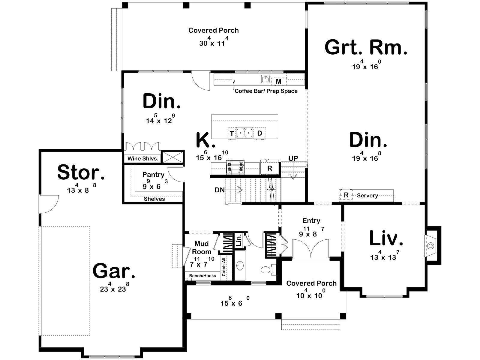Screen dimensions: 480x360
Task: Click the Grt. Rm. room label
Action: (x=366, y=47)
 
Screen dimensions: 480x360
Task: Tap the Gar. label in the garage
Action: (x=114, y=271)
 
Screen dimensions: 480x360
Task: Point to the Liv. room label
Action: (x=386, y=238)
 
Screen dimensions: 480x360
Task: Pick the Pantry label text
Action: (x=153, y=174)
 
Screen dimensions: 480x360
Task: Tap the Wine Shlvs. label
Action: (x=143, y=158)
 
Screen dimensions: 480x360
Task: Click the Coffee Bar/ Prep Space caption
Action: (x=266, y=91)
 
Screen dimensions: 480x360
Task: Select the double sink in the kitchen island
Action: (x=244, y=133)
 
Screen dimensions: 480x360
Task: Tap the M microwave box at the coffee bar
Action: (x=279, y=81)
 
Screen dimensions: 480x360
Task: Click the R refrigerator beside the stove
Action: (x=270, y=168)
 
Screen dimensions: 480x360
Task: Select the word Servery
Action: (x=367, y=195)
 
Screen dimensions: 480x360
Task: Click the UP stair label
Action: (x=293, y=158)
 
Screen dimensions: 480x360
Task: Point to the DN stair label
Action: (x=220, y=190)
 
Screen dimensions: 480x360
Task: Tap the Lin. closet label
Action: (x=239, y=240)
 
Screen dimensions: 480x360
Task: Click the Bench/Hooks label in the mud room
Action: (x=202, y=276)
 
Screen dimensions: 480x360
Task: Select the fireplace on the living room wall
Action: (x=430, y=246)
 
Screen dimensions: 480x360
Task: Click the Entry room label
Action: (x=311, y=220)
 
